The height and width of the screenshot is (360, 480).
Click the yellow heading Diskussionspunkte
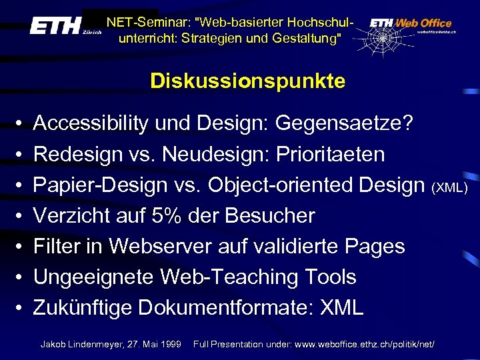pyautogui.click(x=247, y=81)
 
